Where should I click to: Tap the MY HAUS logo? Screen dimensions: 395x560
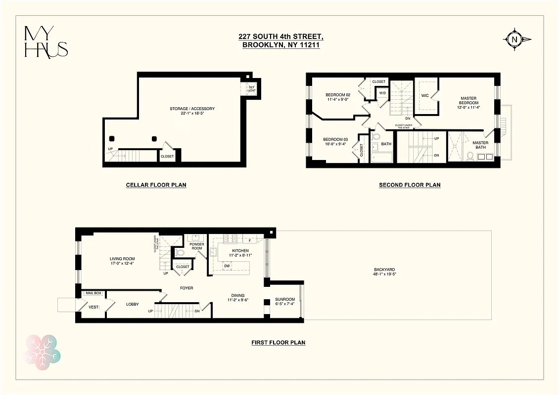click(x=46, y=41)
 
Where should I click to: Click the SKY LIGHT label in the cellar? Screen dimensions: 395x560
click(x=251, y=89)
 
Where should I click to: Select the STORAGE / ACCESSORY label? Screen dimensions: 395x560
click(x=192, y=109)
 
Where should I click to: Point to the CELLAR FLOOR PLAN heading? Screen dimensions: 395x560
click(x=156, y=185)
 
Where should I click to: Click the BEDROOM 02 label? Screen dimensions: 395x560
click(x=338, y=95)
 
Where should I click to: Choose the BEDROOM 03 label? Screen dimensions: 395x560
click(x=335, y=140)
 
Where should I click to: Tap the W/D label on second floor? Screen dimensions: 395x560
click(x=382, y=93)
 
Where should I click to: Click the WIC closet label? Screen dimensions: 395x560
click(x=424, y=95)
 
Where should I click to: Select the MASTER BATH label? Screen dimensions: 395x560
click(x=480, y=145)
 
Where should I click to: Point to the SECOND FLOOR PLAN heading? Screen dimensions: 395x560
click(x=410, y=185)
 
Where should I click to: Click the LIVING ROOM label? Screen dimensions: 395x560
click(x=122, y=259)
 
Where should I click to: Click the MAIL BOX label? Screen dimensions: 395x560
click(x=93, y=293)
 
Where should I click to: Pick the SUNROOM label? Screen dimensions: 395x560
click(x=285, y=299)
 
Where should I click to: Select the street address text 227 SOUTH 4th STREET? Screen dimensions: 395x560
click(x=280, y=36)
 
